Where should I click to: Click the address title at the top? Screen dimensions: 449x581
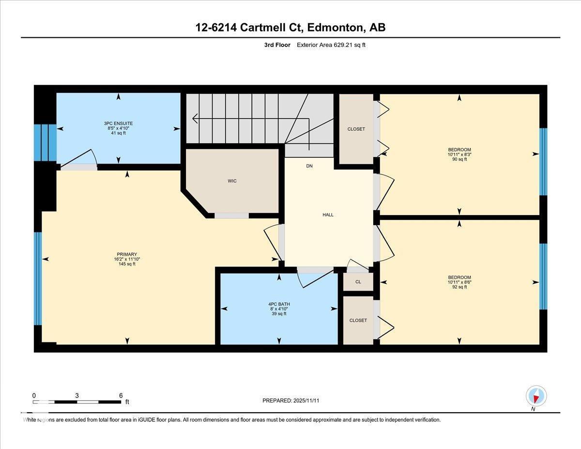coord(290,28)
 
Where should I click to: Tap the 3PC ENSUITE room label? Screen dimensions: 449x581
coord(118,124)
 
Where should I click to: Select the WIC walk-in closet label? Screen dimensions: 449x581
coord(232,181)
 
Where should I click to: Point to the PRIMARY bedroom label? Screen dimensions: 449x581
coord(127,254)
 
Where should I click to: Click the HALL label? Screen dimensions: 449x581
coord(328,215)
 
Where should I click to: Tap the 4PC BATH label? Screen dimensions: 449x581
coord(279,304)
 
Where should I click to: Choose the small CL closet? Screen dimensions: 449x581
coord(358,281)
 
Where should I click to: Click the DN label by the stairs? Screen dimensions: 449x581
coord(309,166)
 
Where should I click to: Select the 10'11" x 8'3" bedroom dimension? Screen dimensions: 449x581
coord(459,155)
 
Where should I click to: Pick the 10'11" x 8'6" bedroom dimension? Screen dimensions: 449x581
coord(459,282)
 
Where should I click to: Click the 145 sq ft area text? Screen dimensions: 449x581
coord(127,264)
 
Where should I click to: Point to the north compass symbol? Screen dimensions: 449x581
coord(536,396)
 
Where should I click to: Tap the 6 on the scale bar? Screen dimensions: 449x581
coord(121,395)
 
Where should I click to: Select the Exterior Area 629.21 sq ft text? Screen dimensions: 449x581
coord(334,45)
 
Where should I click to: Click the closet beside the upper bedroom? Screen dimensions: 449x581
coord(356,129)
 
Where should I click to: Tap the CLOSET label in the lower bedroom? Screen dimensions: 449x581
coord(358,320)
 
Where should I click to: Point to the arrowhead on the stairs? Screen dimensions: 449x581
coord(195,118)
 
